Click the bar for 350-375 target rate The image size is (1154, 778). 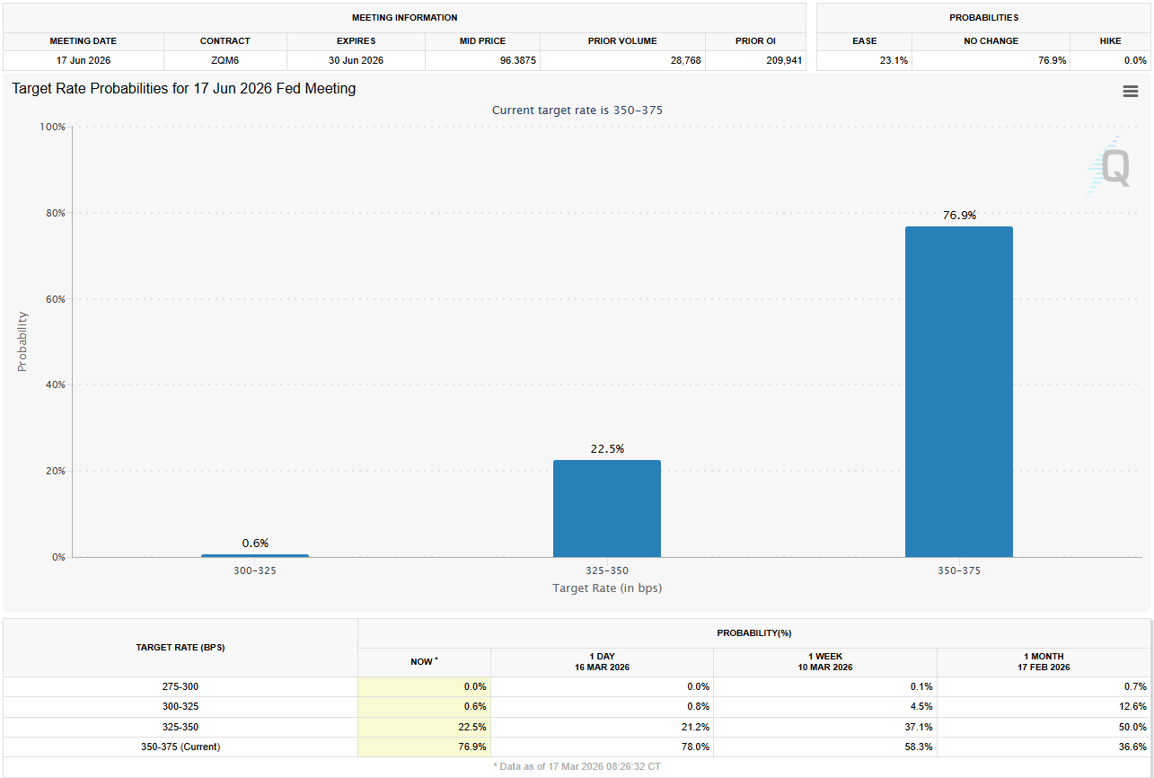[x=958, y=392]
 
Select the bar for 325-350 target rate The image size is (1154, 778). [x=606, y=508]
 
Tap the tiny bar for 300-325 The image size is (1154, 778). [x=254, y=555]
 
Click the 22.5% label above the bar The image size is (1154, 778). [x=606, y=448]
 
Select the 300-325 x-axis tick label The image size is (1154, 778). [x=255, y=570]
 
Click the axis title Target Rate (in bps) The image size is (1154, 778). [x=606, y=588]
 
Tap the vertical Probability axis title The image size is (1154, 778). [x=22, y=341]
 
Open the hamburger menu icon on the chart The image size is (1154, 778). [x=1130, y=91]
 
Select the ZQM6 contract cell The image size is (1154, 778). [x=225, y=60]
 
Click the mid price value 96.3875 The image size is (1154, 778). [x=482, y=60]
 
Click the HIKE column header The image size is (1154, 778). [x=1110, y=40]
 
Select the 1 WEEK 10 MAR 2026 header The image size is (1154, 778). [x=824, y=662]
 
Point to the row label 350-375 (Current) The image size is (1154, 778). [x=180, y=747]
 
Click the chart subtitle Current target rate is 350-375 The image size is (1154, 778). [x=577, y=110]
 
